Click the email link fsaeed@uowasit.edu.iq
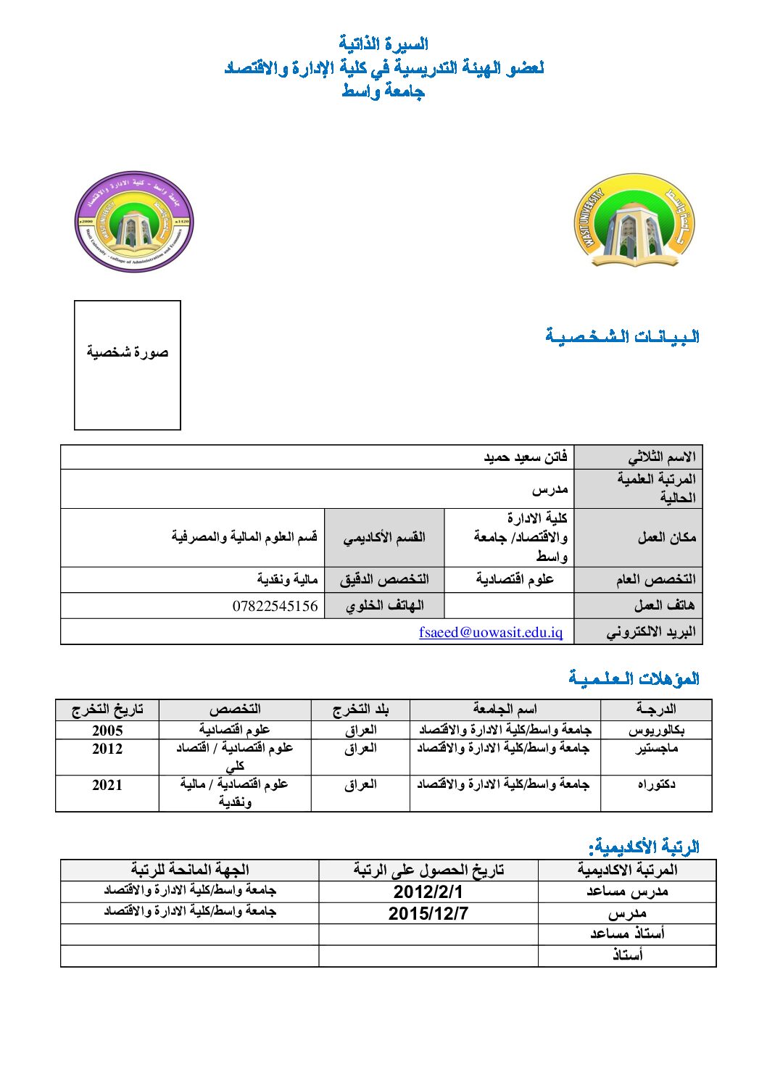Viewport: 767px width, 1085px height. click(x=491, y=632)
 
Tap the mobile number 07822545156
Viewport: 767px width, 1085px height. click(x=275, y=606)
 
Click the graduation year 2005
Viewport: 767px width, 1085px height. click(x=107, y=730)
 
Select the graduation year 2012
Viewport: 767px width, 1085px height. click(x=107, y=749)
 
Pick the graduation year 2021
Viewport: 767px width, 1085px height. click(x=107, y=785)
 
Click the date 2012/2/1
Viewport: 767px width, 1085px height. click(x=428, y=891)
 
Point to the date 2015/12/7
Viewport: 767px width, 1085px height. click(x=428, y=913)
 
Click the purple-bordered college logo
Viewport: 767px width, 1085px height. click(x=134, y=222)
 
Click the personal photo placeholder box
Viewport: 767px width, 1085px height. click(x=128, y=365)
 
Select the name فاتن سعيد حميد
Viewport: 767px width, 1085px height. click(x=526, y=457)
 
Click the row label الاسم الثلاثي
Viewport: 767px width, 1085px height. click(x=661, y=457)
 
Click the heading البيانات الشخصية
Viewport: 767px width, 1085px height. click(x=622, y=336)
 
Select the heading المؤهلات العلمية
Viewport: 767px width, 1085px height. click(x=634, y=678)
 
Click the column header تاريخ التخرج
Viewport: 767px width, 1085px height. click(x=107, y=709)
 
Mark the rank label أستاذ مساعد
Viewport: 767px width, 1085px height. click(x=627, y=934)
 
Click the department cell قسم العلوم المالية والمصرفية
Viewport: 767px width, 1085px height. click(x=244, y=537)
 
